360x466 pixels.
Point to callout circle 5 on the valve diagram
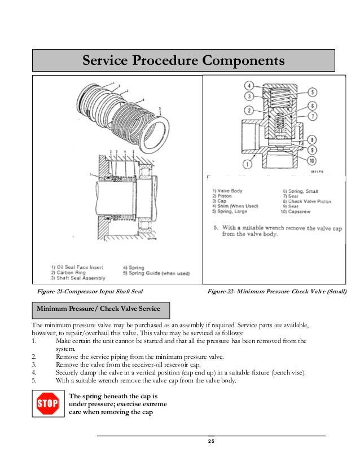point(312,93)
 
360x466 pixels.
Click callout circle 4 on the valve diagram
point(249,86)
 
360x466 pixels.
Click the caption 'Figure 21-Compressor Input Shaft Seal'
point(88,291)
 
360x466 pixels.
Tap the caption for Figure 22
point(276,291)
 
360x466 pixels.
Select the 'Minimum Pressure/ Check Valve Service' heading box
point(99,309)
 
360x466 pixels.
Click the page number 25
point(211,441)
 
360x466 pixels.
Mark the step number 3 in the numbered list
point(35,365)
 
